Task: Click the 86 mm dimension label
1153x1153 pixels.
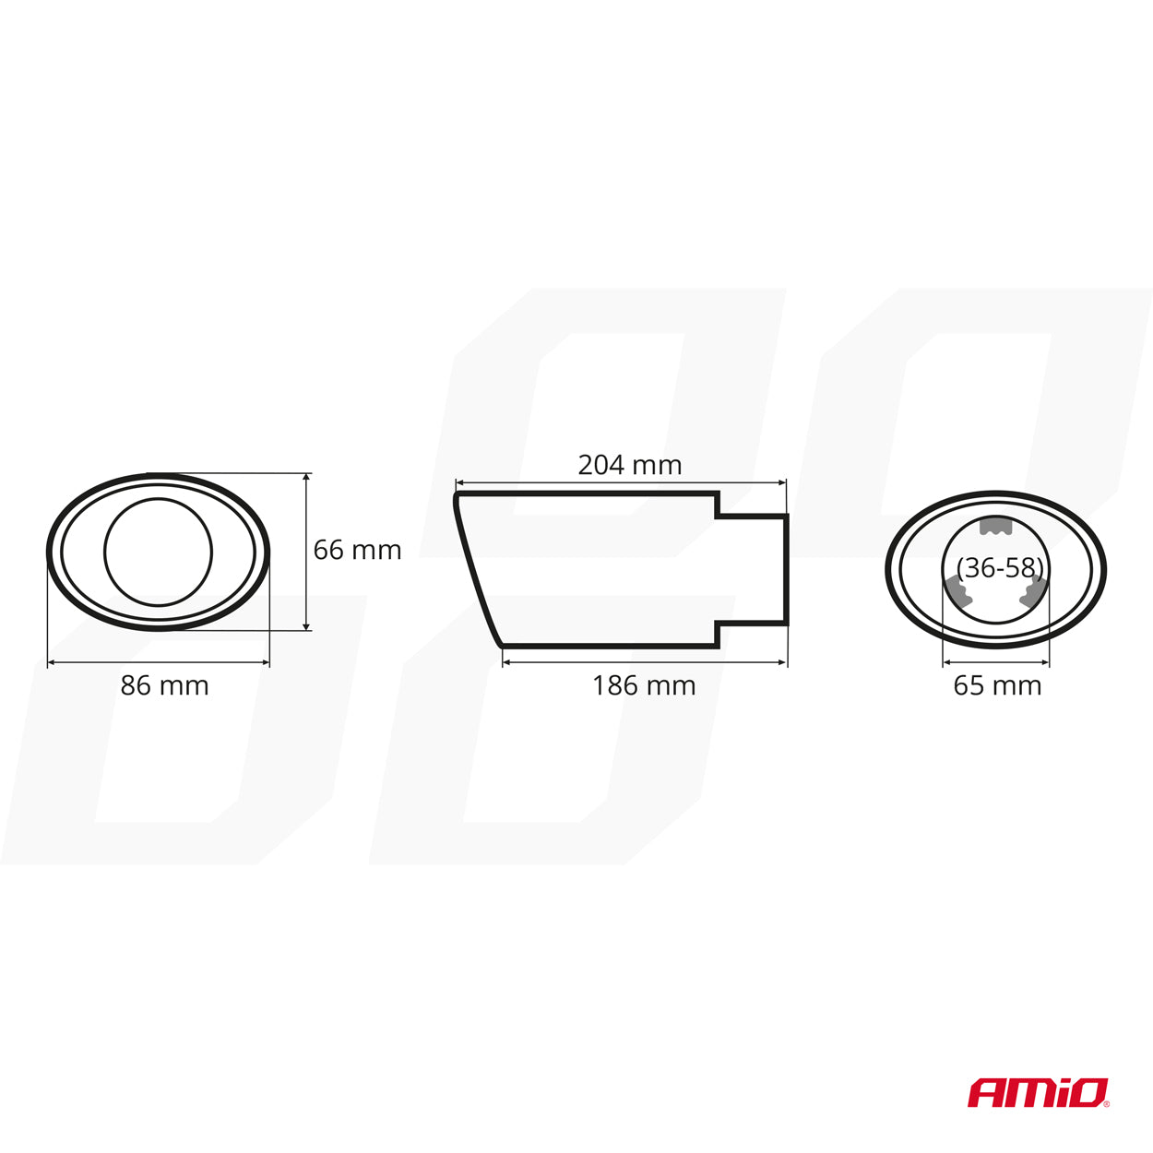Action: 164,686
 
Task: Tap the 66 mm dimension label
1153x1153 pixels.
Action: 357,550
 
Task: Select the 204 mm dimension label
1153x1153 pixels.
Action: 630,465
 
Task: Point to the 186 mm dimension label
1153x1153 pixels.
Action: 644,686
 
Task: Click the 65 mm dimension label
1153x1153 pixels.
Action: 997,686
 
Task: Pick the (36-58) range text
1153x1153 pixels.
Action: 1001,568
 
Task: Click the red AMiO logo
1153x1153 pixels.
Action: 1038,1093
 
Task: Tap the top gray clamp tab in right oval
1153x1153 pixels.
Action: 995,526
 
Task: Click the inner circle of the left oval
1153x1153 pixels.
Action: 159,552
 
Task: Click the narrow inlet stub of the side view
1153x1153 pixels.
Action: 753,568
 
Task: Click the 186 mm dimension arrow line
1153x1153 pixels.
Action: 645,662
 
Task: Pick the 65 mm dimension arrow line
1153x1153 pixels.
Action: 996,662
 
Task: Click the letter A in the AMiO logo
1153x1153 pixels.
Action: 984,1094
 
